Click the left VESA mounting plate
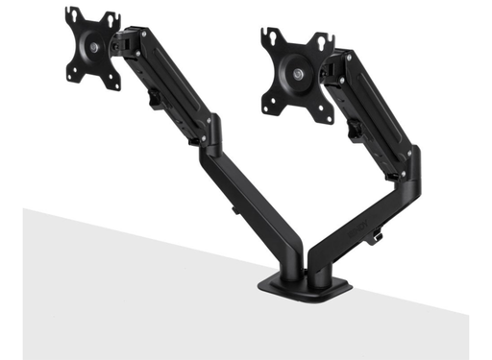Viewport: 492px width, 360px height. pyautogui.click(x=93, y=48)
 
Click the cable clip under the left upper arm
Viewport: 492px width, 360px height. pyautogui.click(x=155, y=95)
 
